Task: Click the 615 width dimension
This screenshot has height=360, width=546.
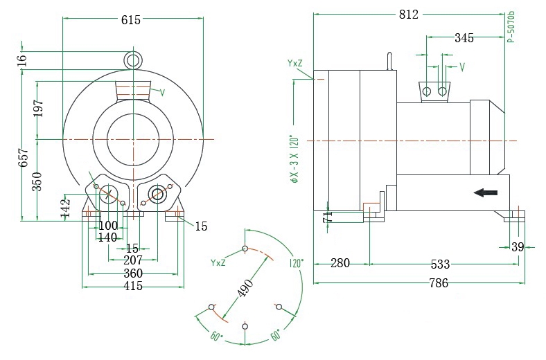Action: click(x=130, y=20)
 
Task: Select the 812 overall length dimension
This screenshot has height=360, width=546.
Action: click(x=408, y=15)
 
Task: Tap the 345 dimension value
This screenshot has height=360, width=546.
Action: click(x=464, y=38)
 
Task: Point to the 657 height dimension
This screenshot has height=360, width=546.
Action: click(x=23, y=157)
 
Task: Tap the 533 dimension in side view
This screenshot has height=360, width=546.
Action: click(x=440, y=264)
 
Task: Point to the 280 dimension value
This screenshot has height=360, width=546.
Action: click(x=340, y=263)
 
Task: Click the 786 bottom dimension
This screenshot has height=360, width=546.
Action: click(x=438, y=282)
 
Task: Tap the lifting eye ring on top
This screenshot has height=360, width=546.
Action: click(x=133, y=60)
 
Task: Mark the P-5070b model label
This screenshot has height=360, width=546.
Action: click(x=511, y=28)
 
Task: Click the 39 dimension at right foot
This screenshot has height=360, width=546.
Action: click(x=518, y=247)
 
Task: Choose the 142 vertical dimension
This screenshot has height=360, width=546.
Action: click(x=66, y=208)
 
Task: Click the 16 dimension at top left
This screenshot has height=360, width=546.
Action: click(x=23, y=60)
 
